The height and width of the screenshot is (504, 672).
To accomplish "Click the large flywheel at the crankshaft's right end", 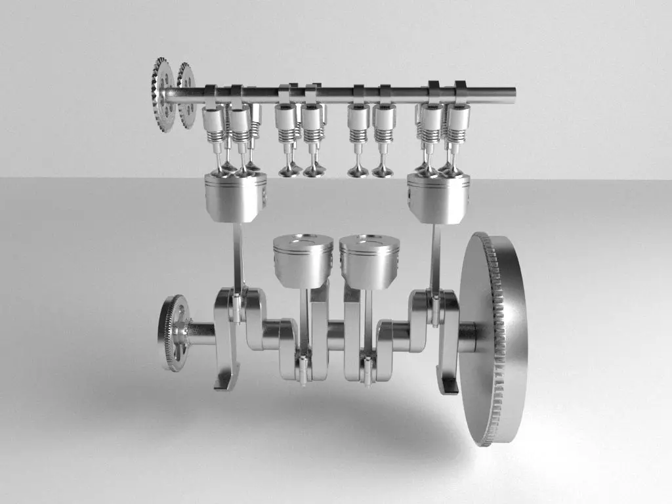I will [x=492, y=338].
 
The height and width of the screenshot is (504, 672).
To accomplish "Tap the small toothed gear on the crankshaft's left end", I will [x=173, y=333].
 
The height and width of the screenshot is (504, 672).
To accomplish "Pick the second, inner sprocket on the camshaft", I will [x=186, y=95].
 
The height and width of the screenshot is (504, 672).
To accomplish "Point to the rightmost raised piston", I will [x=438, y=197].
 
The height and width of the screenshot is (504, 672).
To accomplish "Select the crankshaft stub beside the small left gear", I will [x=201, y=333].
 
